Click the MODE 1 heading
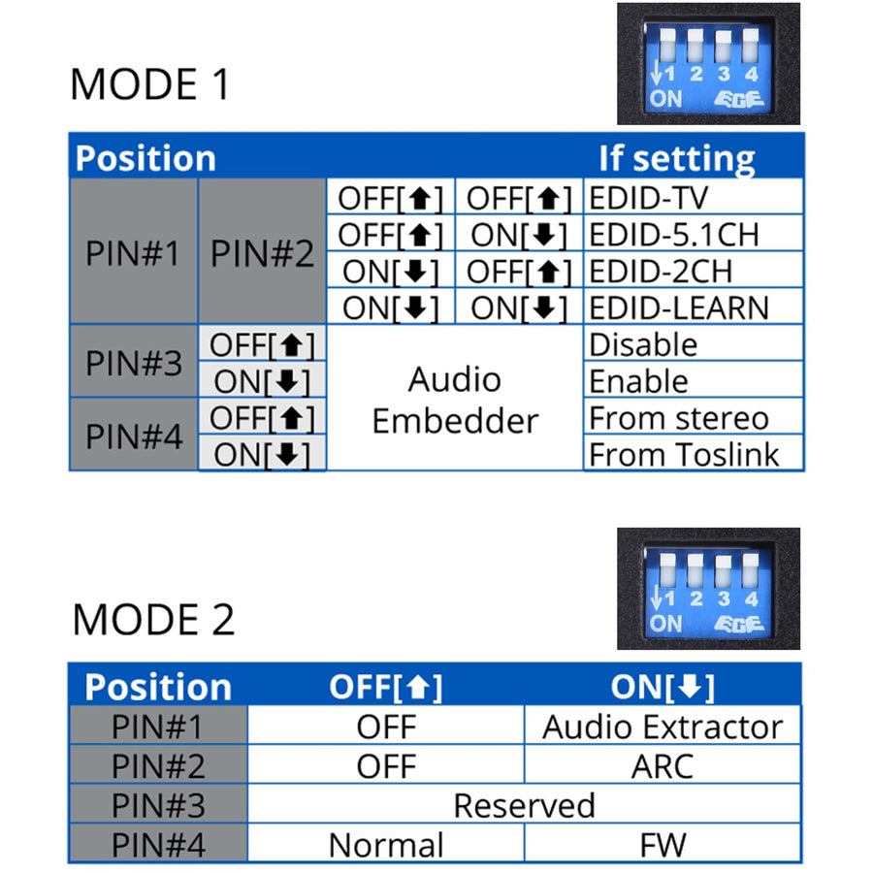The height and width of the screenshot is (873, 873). [x=150, y=84]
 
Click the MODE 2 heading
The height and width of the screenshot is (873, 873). [x=153, y=619]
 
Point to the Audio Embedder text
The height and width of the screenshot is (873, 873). [x=454, y=400]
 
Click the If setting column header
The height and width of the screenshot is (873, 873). [x=676, y=158]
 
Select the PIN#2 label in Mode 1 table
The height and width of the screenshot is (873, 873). [x=262, y=253]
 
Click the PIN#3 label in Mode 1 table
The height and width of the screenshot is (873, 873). [x=134, y=363]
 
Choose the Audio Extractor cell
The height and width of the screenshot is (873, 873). [x=663, y=727]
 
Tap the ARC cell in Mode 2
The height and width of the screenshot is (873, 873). [x=663, y=766]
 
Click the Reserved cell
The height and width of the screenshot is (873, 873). [x=524, y=805]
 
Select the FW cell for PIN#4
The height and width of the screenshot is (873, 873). [x=663, y=844]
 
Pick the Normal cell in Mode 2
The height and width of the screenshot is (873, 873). [x=386, y=844]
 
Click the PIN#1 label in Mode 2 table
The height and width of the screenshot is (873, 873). [x=158, y=727]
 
